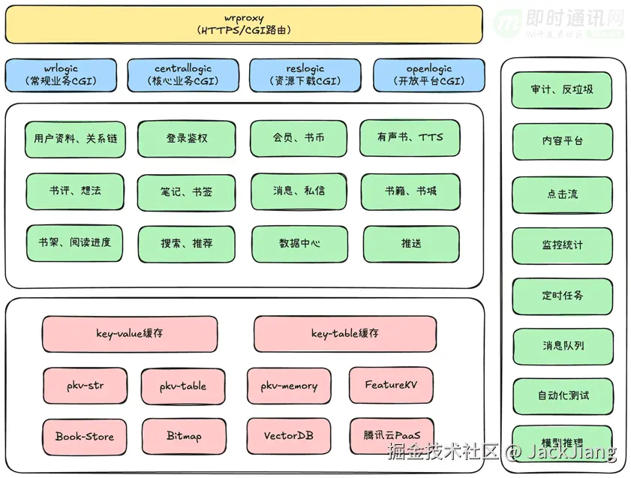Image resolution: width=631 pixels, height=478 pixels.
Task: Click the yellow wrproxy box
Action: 244,24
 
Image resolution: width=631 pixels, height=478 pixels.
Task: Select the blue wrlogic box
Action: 61,75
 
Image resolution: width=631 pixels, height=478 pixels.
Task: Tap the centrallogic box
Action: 183,75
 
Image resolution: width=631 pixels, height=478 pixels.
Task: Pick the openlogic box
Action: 428,75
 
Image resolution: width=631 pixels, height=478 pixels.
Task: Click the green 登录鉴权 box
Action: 187,139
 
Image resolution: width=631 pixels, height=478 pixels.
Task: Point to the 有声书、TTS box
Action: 410,138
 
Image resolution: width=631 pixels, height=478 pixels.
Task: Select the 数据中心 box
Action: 299,244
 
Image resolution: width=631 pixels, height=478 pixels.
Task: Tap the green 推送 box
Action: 410,244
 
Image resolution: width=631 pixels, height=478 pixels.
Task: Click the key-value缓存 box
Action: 130,334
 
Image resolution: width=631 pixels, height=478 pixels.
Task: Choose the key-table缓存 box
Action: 345,334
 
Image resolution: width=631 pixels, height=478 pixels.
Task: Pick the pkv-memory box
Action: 289,386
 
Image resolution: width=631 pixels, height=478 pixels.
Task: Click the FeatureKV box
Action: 391,386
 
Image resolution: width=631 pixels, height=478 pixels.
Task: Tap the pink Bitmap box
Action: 184,436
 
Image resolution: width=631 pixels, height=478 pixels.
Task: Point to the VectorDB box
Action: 289,436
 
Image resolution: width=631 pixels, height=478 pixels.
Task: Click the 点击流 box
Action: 562,194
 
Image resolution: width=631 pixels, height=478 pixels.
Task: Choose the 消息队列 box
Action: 563,346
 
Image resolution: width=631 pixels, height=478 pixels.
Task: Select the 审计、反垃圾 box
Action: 562,90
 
